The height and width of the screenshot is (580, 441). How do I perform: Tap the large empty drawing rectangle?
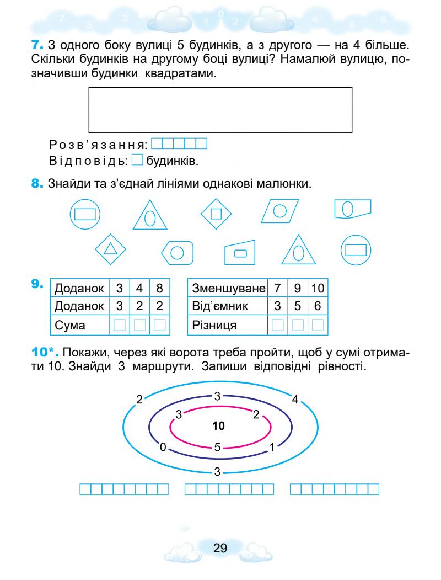pos(220,110)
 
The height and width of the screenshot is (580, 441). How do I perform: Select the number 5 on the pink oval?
pos(218,448)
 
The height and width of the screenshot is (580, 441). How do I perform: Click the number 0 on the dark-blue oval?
pos(163,448)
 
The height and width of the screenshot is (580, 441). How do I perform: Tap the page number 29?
pos(220,548)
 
